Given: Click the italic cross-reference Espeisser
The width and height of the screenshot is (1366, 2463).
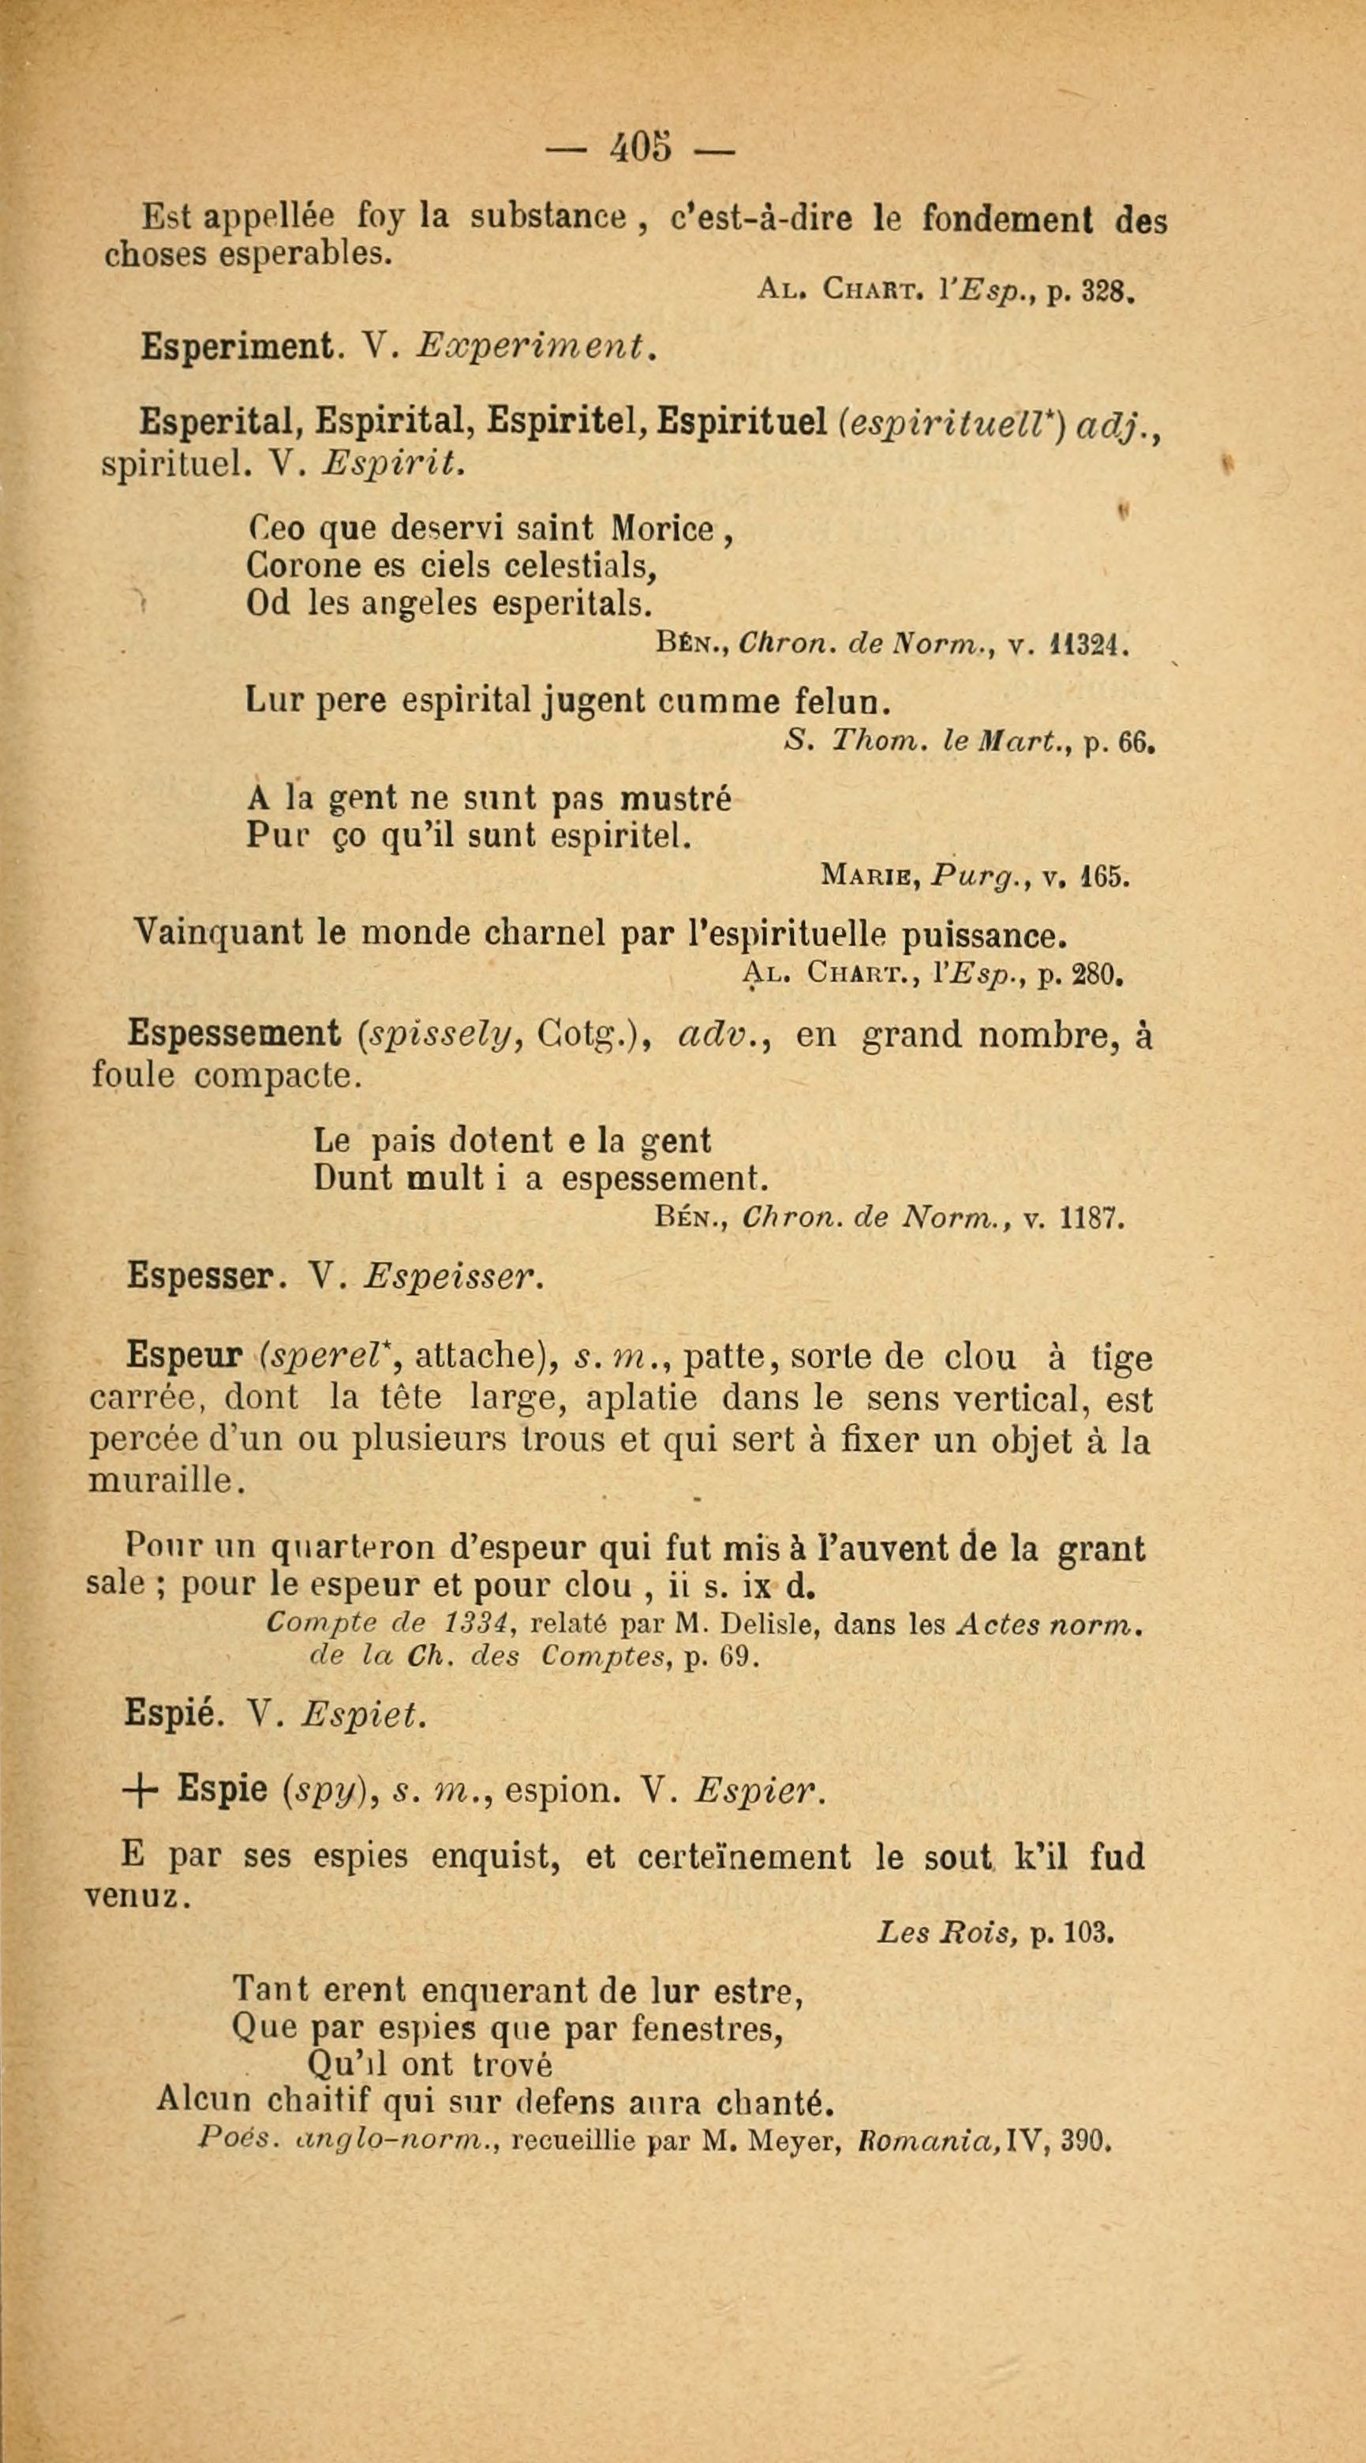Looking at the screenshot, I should [452, 1278].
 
